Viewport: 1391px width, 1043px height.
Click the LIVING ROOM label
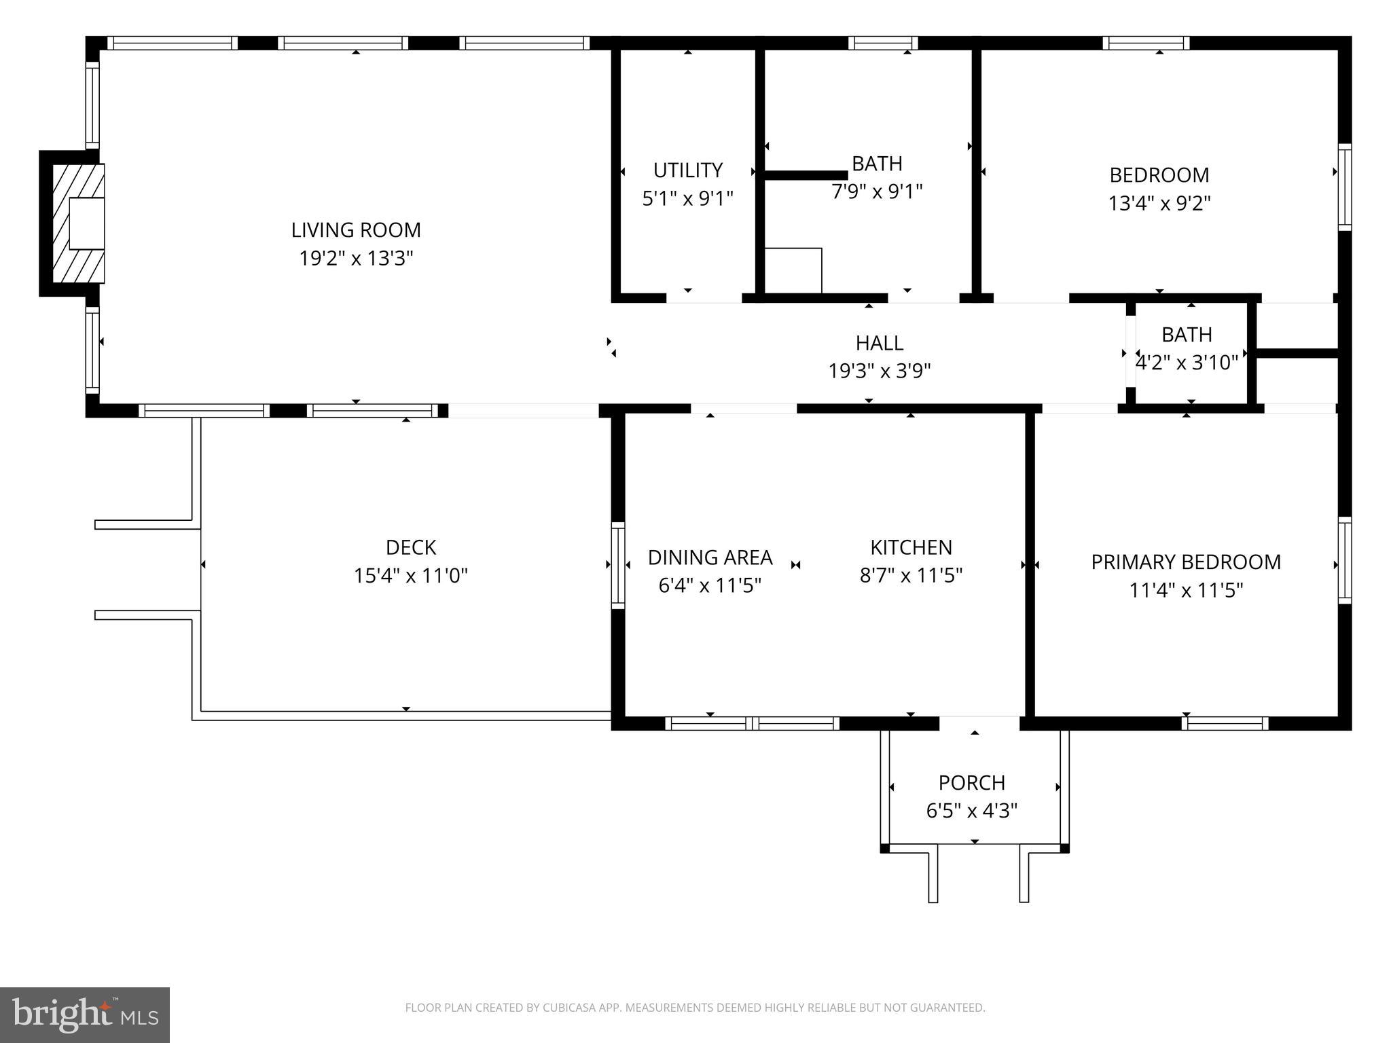(x=356, y=230)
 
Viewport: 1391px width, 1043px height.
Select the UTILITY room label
(x=687, y=170)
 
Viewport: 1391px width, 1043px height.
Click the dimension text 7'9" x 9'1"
(x=877, y=192)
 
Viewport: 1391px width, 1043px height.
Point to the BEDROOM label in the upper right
(x=1159, y=175)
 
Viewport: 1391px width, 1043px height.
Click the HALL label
(x=879, y=343)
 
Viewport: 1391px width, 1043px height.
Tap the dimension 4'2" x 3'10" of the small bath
(x=1187, y=363)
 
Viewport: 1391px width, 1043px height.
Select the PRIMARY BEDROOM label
(x=1185, y=562)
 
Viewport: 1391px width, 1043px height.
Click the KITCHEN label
(x=911, y=547)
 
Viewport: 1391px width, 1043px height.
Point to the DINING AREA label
(x=710, y=557)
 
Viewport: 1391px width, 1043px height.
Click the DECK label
(x=410, y=547)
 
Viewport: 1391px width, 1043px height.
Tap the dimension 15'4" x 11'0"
(x=410, y=577)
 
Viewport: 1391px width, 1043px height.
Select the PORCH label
(x=971, y=783)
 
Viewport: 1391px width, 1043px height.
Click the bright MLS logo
(x=84, y=1014)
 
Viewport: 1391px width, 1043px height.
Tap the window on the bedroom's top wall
(x=1145, y=43)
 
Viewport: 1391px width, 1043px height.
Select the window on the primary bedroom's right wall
(x=1344, y=560)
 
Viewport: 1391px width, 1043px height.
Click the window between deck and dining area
(x=617, y=565)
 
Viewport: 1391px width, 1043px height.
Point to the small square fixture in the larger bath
(x=793, y=270)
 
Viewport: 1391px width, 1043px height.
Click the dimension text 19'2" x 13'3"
(x=356, y=259)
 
